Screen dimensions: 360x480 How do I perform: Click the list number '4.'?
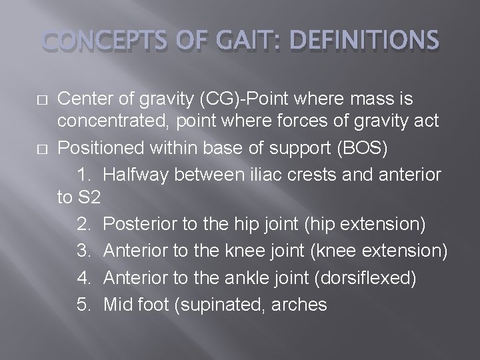[85, 277]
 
